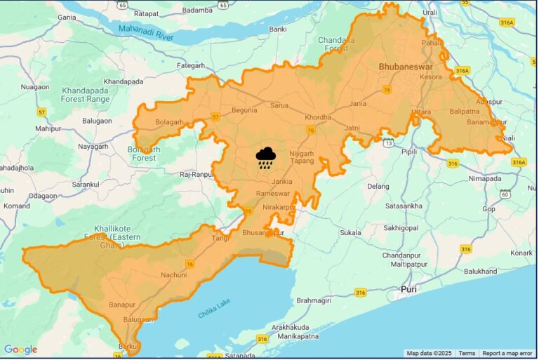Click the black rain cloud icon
pyautogui.click(x=265, y=158)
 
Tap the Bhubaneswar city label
pyautogui.click(x=406, y=67)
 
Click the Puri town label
pyautogui.click(x=408, y=289)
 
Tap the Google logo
pyautogui.click(x=21, y=349)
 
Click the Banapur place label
pyautogui.click(x=121, y=305)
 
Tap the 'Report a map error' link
pyautogui.click(x=507, y=354)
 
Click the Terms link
pyautogui.click(x=467, y=354)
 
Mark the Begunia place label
pyautogui.click(x=244, y=110)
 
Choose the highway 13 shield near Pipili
pyautogui.click(x=388, y=143)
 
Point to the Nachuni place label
pyautogui.click(x=173, y=274)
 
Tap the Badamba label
pyautogui.click(x=197, y=11)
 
